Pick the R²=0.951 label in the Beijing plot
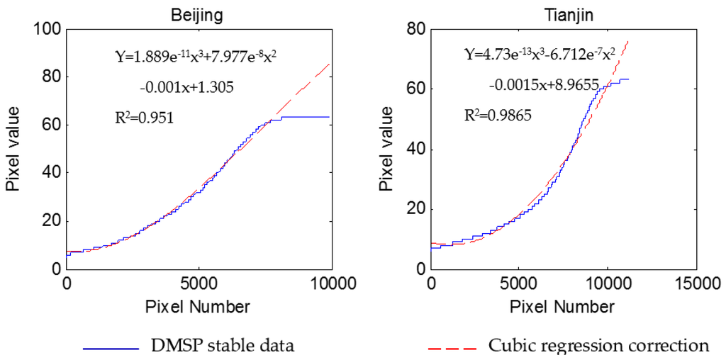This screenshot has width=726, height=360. coord(144,116)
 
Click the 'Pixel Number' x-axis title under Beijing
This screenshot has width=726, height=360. coord(198,307)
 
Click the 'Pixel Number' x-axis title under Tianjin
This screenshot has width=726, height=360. coord(562,307)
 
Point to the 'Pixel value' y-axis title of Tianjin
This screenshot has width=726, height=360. coord(386,149)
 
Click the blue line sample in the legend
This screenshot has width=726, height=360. coord(110,347)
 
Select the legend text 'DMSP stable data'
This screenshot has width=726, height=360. coord(222,346)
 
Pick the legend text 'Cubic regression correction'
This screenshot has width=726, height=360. coord(598,346)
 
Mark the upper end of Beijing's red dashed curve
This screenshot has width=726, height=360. coord(330,64)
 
